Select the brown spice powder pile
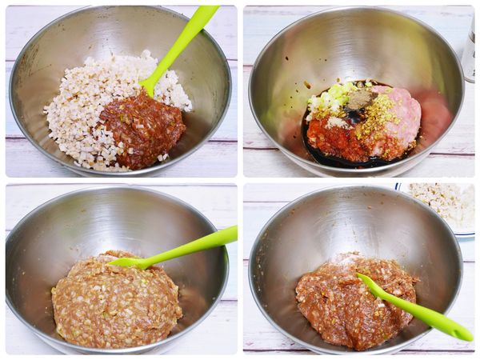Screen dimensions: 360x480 pos(359,99)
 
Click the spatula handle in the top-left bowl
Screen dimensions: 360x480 pos(188,36)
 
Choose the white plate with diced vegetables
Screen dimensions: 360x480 pos(440,204)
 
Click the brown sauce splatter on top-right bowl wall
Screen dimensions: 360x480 pos(306,84)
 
